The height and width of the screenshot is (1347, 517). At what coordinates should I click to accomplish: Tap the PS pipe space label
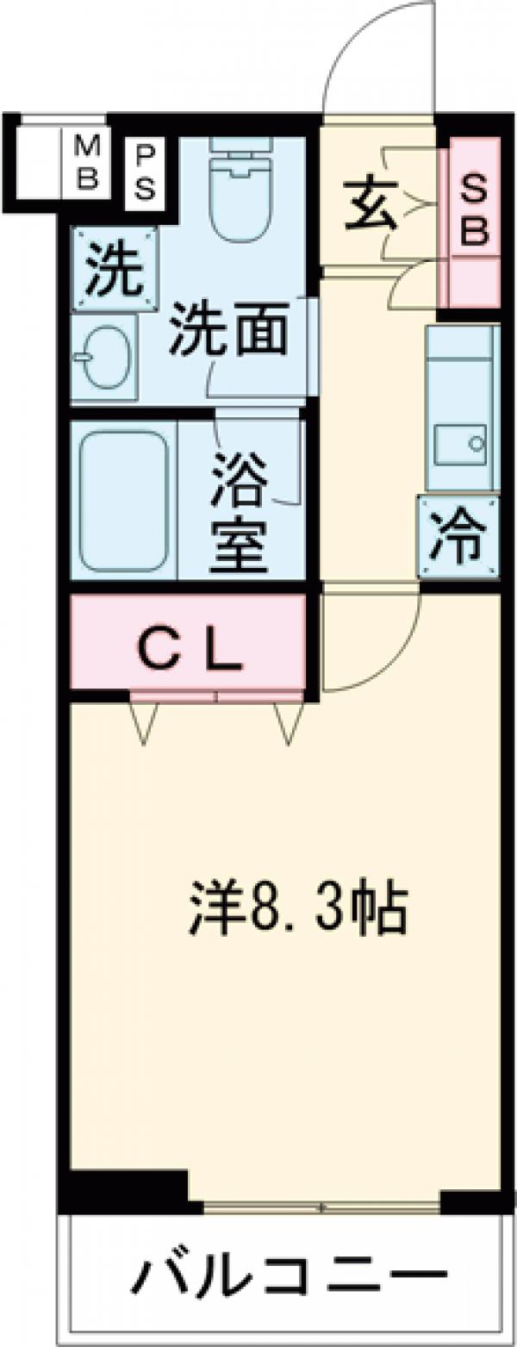click(x=145, y=171)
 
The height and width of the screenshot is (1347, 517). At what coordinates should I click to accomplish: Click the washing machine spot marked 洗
click(x=114, y=268)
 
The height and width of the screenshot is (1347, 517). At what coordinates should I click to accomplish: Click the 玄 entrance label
click(x=371, y=205)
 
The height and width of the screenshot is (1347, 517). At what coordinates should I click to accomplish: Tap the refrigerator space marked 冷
click(x=458, y=536)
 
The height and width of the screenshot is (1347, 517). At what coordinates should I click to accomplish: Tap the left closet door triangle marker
click(x=144, y=722)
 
